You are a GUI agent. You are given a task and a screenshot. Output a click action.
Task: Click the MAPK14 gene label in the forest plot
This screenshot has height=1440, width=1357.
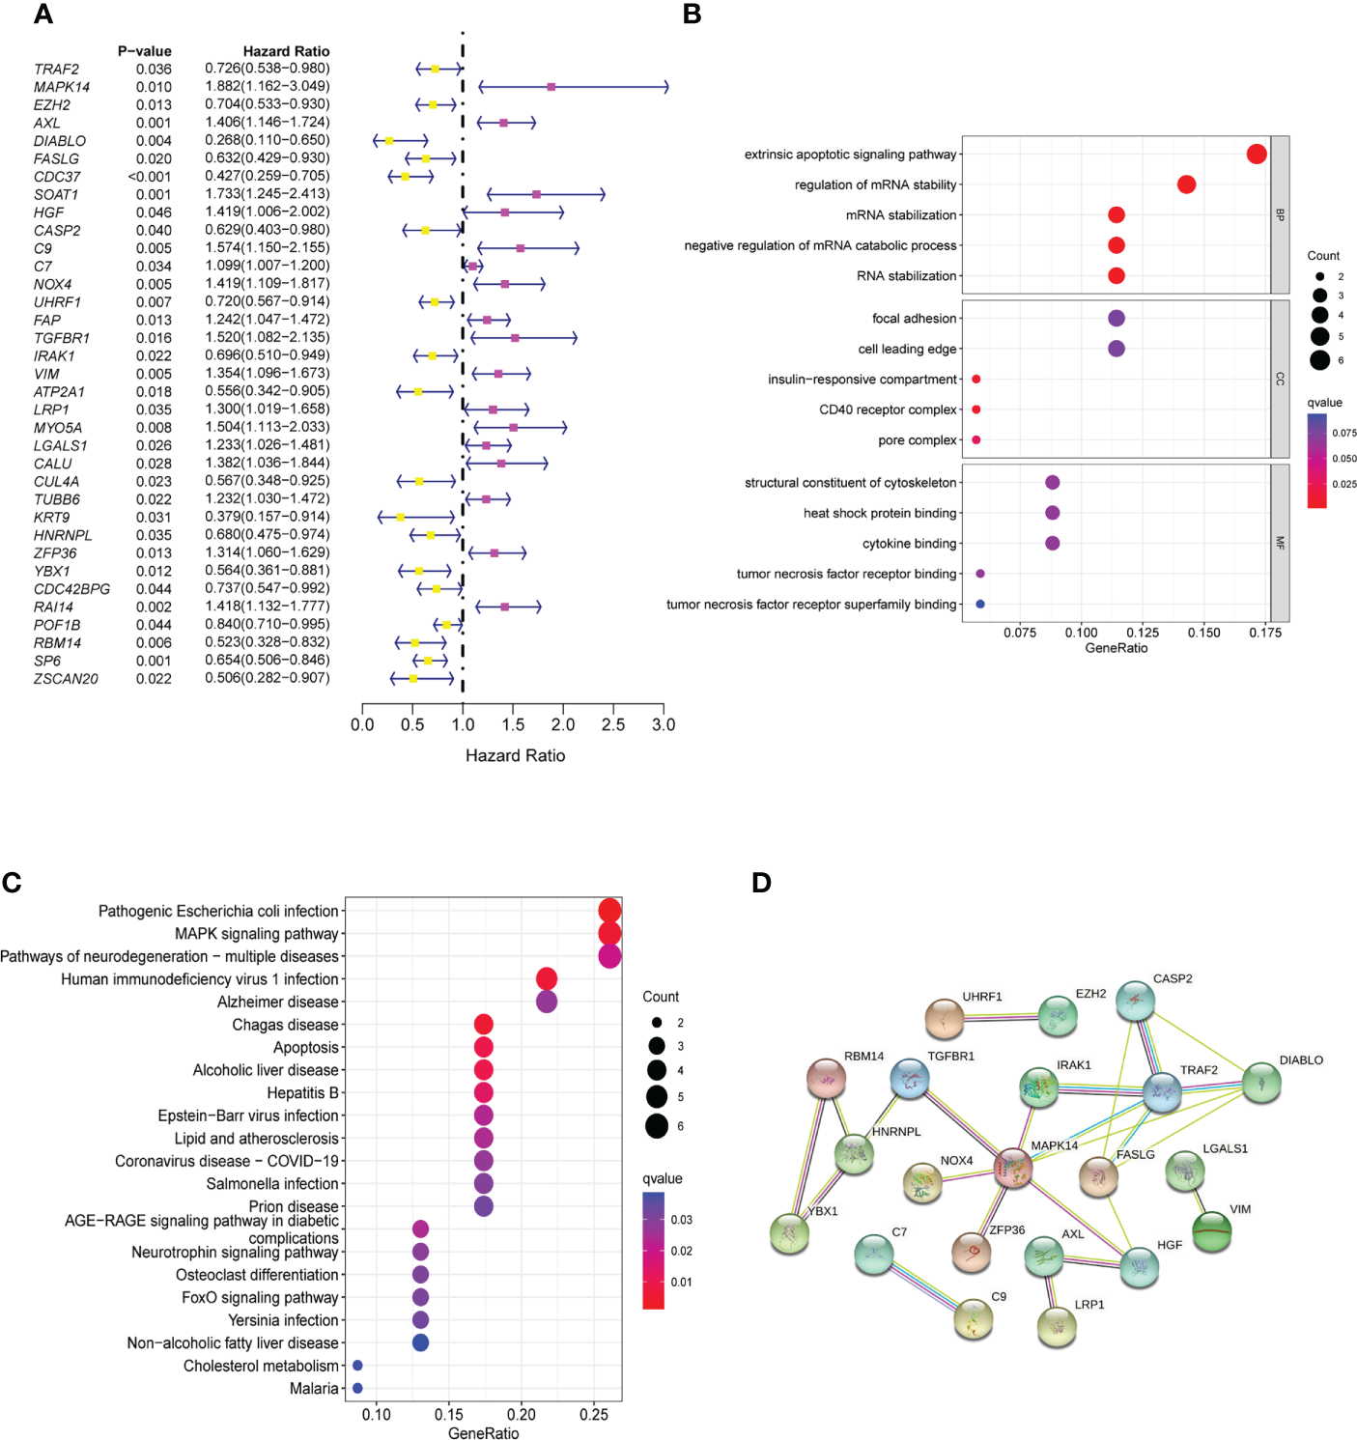62,87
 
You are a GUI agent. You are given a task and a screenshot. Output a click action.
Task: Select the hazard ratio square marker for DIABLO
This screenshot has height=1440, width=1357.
389,141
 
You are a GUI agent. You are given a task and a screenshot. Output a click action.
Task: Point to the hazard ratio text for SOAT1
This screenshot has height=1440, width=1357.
267,194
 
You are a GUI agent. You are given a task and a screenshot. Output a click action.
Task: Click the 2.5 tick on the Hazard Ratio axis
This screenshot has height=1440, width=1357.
613,724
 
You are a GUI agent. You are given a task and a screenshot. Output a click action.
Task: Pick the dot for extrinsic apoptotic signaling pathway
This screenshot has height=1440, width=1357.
1256,155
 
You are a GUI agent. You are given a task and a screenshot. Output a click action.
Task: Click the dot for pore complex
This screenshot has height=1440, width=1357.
975,440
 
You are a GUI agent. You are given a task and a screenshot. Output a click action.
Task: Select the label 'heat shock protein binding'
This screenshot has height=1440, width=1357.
879,513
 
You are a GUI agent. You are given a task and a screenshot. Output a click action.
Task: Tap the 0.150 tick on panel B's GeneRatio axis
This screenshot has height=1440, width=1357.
1203,633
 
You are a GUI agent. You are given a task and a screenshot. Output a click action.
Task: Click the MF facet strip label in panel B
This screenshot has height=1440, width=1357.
1280,543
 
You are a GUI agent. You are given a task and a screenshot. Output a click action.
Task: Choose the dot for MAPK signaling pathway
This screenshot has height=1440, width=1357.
609,934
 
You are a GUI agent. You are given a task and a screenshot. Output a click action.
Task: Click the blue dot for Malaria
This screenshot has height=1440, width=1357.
357,1388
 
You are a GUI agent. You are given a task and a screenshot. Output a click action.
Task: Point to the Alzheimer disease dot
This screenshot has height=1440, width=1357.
547,1002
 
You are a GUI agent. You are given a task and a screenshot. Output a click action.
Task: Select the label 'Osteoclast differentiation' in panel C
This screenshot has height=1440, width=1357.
257,1275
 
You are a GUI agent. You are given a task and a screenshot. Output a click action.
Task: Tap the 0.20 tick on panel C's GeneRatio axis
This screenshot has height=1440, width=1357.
522,1415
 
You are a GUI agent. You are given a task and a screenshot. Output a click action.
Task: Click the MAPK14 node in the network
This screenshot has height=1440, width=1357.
1013,1168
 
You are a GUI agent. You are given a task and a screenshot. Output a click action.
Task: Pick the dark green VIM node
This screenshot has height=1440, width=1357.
1211,1231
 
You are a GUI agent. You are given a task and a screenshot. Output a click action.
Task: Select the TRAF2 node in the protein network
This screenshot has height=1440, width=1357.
1162,1092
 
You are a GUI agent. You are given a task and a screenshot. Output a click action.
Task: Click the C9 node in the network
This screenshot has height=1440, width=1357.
974,1319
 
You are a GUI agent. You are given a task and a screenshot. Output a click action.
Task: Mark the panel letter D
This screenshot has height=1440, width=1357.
761,883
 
